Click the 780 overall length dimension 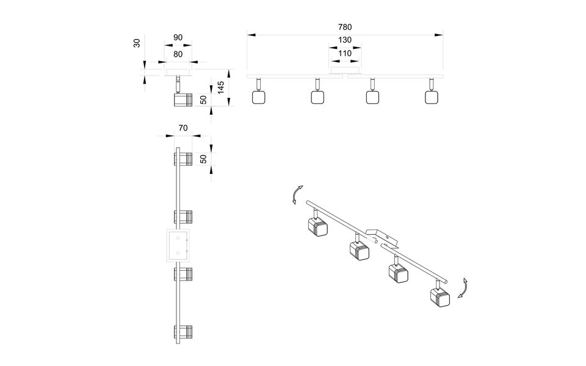[345, 27]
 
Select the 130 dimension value [345, 40]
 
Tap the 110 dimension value [345, 54]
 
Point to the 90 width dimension [178, 38]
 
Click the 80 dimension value [178, 54]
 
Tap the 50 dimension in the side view [204, 99]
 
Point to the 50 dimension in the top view [204, 158]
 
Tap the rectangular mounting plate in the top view [178, 245]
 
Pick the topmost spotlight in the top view [183, 159]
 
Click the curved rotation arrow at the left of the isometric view [295, 195]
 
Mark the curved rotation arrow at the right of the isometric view [463, 287]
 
